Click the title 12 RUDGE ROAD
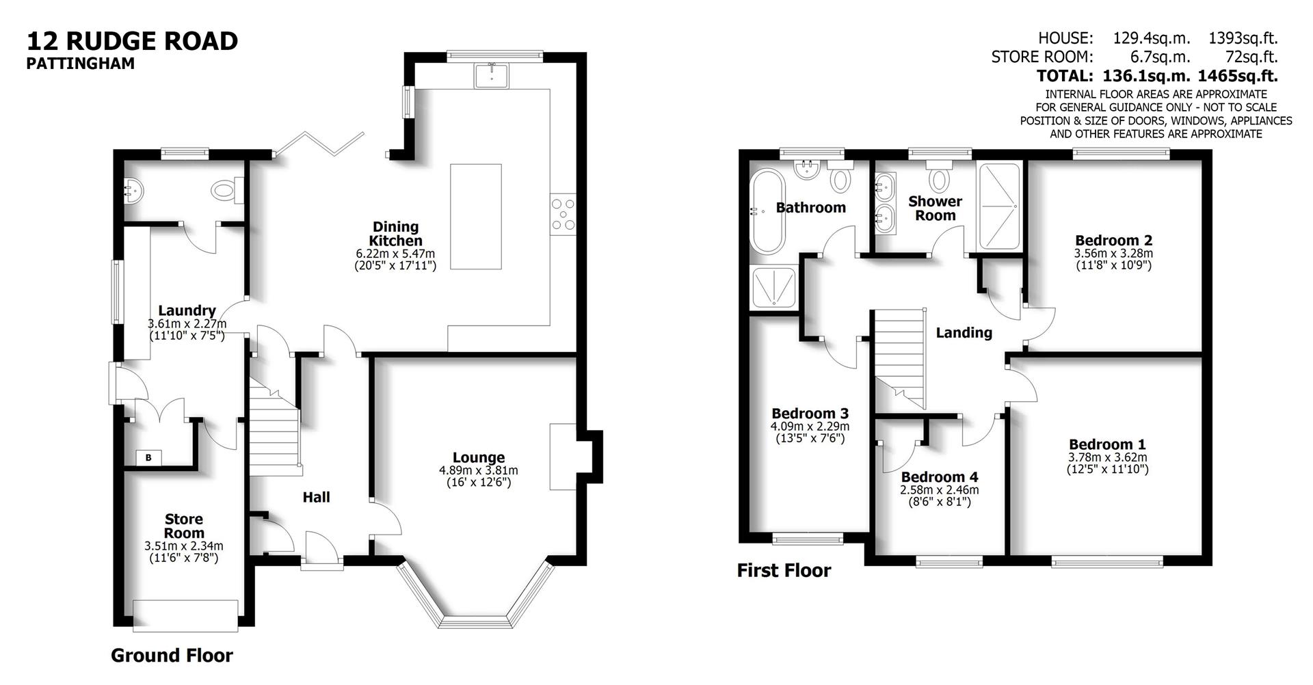[x=132, y=41]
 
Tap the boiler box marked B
[x=148, y=457]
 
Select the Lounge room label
[x=478, y=457]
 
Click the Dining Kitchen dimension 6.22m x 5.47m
[x=395, y=254]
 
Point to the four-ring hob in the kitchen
[x=564, y=213]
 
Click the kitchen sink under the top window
[x=490, y=75]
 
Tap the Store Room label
[x=184, y=526]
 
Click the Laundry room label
[x=187, y=311]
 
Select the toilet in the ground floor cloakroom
[x=226, y=189]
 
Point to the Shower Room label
[x=935, y=209]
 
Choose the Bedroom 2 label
[x=1113, y=241]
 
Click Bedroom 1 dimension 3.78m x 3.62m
[x=1107, y=457]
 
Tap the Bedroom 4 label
[x=939, y=477]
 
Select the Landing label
[x=964, y=333]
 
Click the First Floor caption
[x=784, y=571]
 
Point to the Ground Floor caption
[x=172, y=656]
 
